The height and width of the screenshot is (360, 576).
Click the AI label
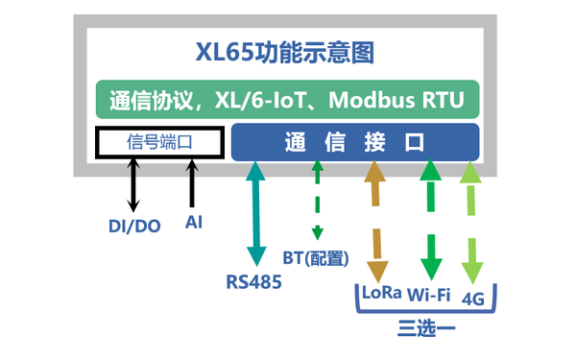click(x=194, y=223)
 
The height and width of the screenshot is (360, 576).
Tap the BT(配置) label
click(x=315, y=257)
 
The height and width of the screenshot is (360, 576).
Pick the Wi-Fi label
click(x=429, y=294)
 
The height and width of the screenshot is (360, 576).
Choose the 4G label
click(x=472, y=297)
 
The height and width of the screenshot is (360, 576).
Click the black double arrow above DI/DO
click(x=132, y=185)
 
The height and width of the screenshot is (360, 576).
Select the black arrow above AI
click(x=194, y=182)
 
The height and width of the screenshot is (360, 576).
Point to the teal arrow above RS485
click(x=256, y=213)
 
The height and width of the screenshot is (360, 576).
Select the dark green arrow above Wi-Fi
click(x=430, y=219)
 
